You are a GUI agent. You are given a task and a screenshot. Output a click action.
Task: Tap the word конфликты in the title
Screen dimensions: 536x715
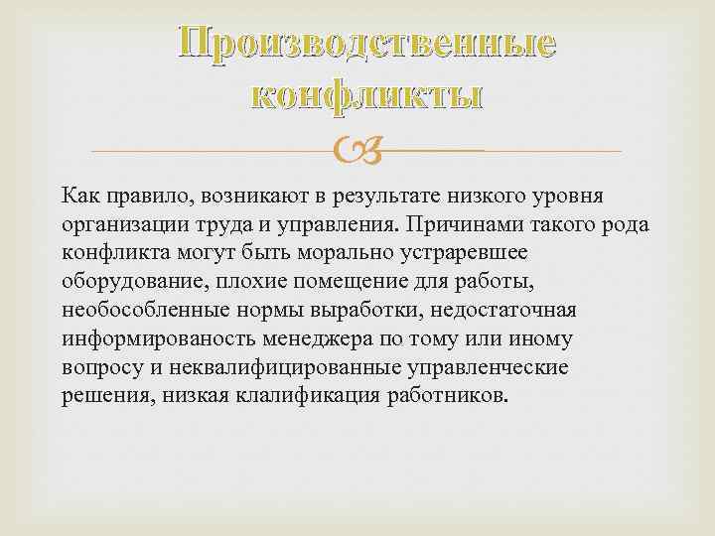pos(366,95)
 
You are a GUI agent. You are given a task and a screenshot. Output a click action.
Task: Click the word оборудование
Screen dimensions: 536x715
pos(131,282)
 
